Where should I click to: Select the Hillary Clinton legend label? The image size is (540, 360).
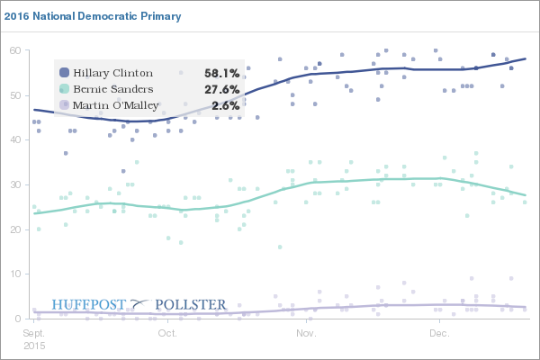(113, 73)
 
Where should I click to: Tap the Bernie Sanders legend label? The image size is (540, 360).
(112, 89)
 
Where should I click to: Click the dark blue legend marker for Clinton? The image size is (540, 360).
(64, 73)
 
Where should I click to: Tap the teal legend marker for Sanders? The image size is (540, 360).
(64, 89)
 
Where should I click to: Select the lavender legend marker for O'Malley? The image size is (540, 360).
(64, 105)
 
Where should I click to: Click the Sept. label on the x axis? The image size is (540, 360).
(35, 333)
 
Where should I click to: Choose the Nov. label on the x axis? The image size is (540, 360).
(305, 333)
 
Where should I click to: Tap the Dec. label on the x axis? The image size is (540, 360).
(439, 333)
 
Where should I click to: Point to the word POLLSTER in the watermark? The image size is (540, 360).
(192, 305)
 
